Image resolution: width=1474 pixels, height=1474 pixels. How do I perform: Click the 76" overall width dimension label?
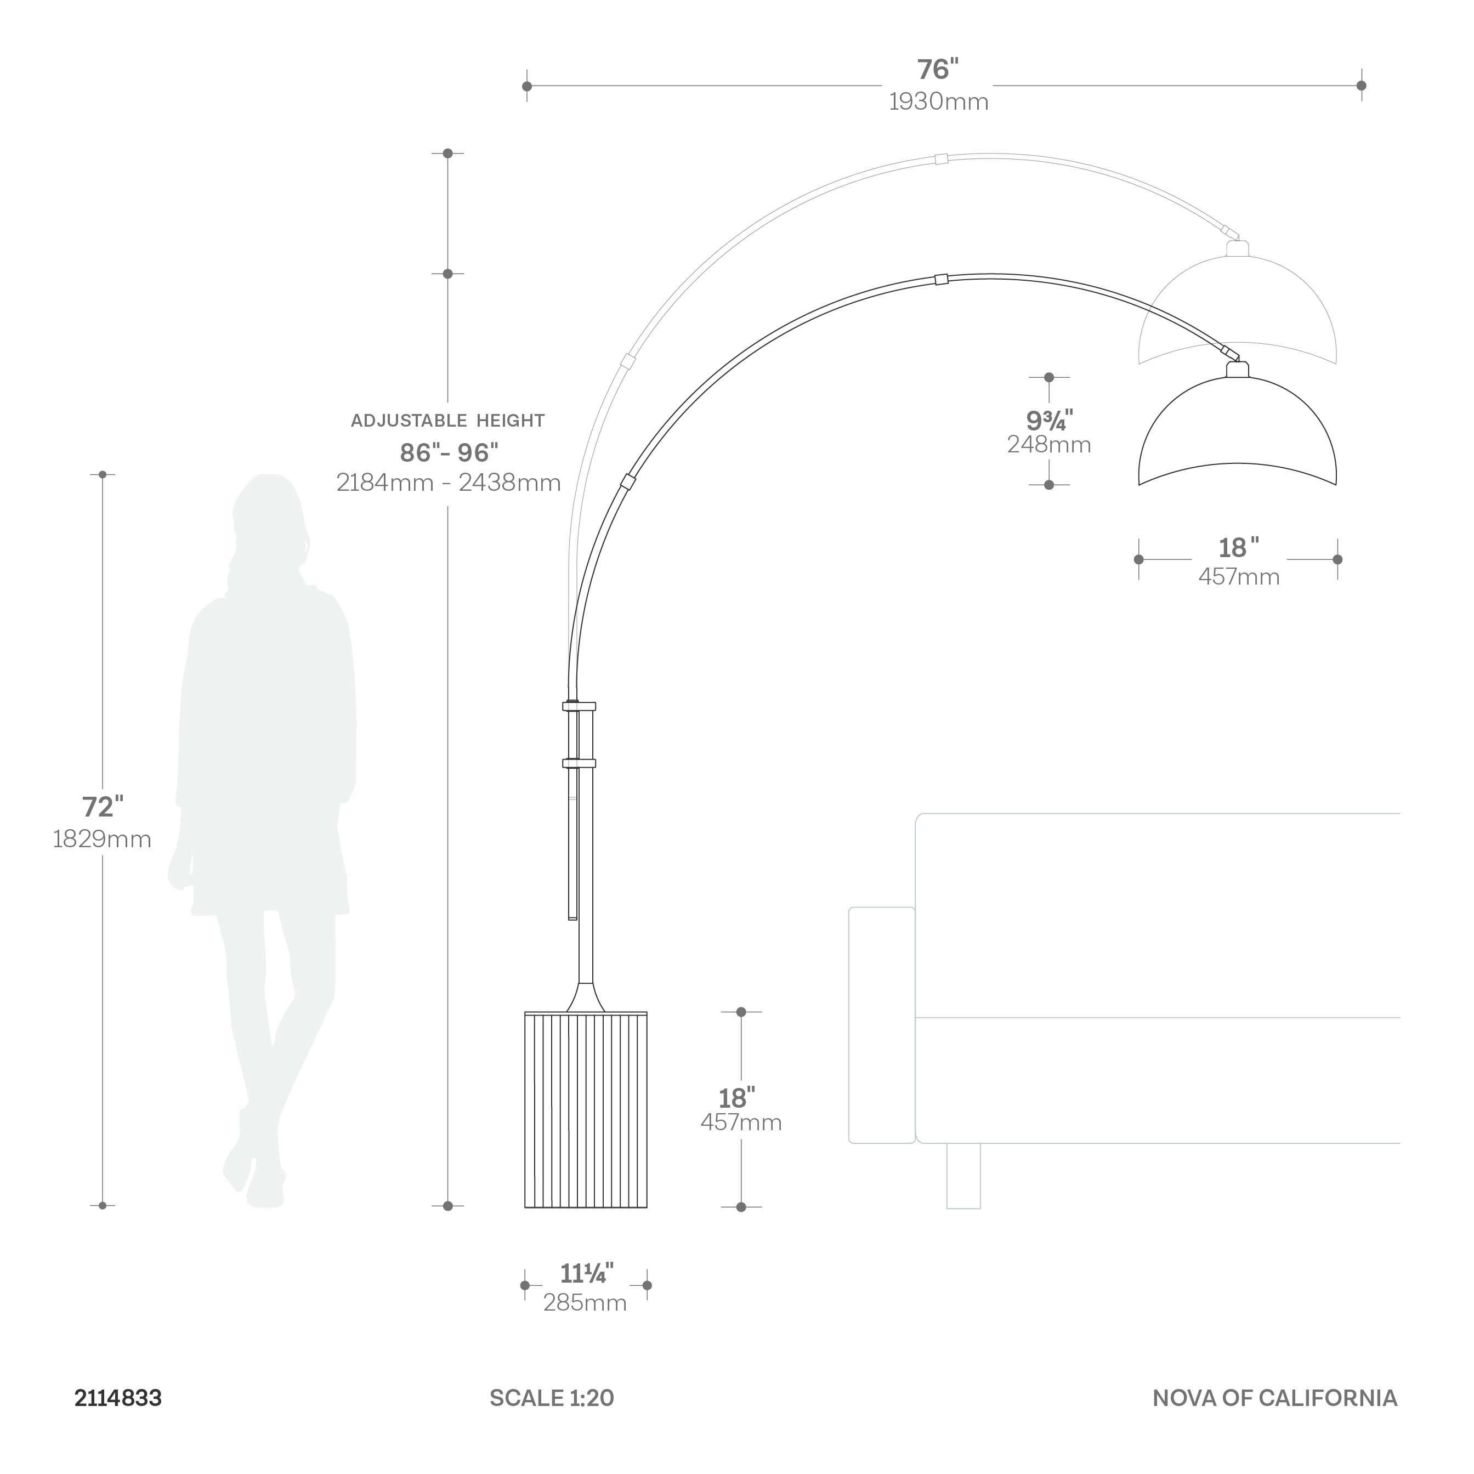click(x=938, y=70)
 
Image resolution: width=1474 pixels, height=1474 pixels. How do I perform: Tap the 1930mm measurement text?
click(x=938, y=101)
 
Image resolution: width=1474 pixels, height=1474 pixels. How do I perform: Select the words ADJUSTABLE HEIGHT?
click(x=448, y=421)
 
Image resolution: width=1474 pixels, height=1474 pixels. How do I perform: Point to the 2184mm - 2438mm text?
click(x=449, y=482)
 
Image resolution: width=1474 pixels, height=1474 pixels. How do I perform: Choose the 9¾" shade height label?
click(x=1049, y=419)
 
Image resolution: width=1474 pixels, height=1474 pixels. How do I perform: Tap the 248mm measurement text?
click(x=1049, y=445)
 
